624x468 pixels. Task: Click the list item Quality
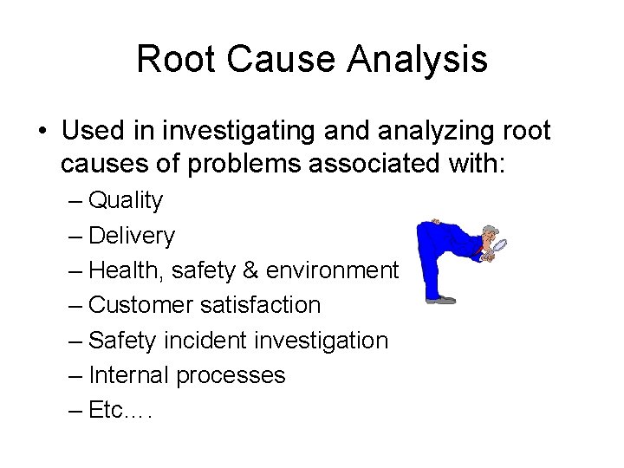point(126,201)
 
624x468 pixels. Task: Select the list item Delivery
point(132,236)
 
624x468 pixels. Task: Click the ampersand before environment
point(250,271)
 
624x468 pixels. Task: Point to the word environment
point(332,271)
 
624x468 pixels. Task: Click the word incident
point(203,341)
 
